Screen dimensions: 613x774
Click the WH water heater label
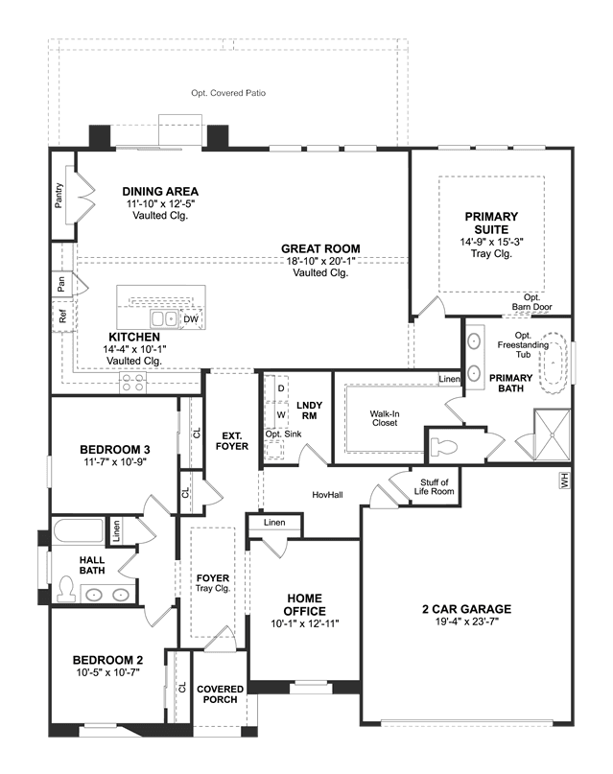click(565, 481)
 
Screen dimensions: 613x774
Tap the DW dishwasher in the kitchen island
click(191, 319)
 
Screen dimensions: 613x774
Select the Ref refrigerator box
click(62, 316)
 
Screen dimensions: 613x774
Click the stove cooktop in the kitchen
click(133, 382)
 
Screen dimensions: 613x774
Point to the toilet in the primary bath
click(444, 447)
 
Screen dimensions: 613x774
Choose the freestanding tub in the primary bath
click(554, 363)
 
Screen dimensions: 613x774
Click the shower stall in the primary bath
click(553, 434)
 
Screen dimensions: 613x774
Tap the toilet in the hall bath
click(64, 589)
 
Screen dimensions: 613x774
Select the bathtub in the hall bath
click(78, 529)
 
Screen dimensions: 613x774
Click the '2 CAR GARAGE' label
click(466, 609)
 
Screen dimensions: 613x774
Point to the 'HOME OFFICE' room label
click(304, 604)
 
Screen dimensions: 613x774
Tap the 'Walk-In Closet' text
click(385, 418)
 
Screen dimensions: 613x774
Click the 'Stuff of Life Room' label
click(435, 486)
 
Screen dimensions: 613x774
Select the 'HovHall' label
click(327, 495)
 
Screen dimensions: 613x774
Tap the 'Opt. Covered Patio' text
click(228, 93)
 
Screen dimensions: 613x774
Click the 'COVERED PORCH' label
click(220, 694)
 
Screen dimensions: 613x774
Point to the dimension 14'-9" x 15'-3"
click(491, 242)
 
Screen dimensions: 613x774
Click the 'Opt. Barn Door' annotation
click(532, 302)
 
